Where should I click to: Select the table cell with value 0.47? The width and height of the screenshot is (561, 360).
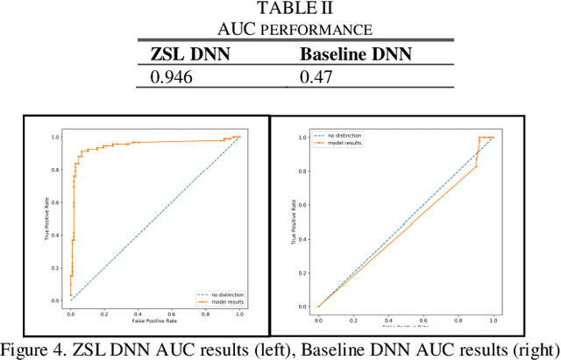(314, 76)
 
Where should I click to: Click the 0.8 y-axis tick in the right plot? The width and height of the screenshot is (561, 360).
(302, 170)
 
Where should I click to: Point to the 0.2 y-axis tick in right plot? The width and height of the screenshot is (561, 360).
(302, 272)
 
